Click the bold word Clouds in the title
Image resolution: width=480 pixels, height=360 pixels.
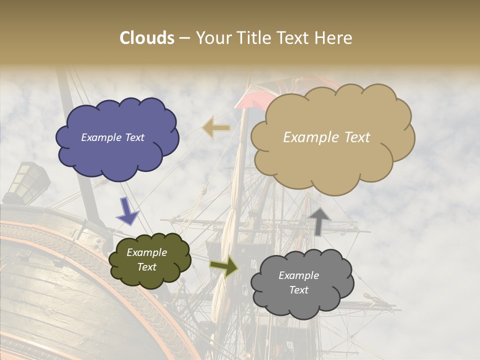147,38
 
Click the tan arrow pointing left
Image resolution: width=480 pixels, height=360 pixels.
216,128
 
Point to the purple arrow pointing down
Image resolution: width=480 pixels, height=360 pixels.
128,211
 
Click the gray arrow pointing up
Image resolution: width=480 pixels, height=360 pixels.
320,220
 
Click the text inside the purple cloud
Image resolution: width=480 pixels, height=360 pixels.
112,137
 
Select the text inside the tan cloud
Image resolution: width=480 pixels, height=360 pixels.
326,137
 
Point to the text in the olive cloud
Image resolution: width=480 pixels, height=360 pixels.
146,259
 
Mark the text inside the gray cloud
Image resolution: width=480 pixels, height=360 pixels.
298,282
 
